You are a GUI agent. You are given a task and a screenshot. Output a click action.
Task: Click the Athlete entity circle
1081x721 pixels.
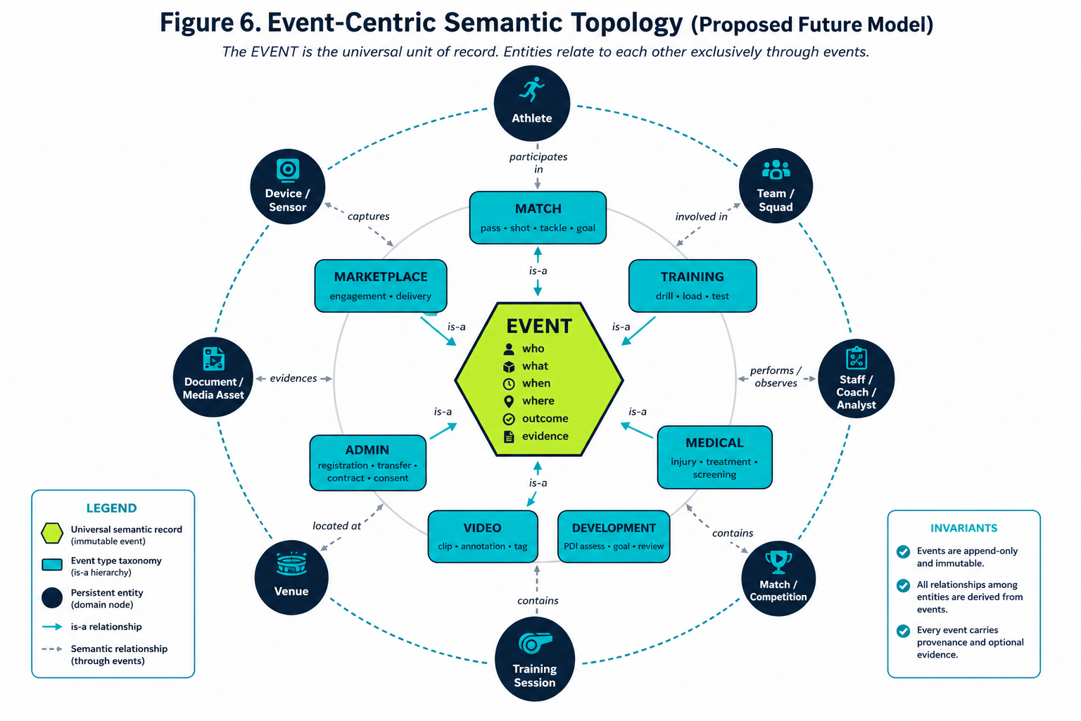(x=532, y=104)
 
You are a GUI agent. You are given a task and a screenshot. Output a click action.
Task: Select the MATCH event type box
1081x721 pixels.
(x=538, y=218)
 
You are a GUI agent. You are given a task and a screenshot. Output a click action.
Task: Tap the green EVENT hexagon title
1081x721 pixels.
(x=539, y=327)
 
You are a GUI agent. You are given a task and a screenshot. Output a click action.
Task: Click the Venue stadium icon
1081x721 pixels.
(x=291, y=564)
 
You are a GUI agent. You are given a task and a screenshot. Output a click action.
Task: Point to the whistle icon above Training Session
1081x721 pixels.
(x=535, y=643)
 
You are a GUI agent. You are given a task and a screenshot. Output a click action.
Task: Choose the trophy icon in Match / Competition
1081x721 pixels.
(x=778, y=562)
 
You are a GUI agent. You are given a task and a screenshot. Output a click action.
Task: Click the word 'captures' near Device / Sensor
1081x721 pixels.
(x=368, y=216)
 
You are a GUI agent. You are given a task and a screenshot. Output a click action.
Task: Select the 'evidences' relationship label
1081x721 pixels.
(x=293, y=378)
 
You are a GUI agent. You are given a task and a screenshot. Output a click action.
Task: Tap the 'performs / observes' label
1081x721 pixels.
(x=776, y=377)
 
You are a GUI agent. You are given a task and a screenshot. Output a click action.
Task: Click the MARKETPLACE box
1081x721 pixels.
(x=381, y=285)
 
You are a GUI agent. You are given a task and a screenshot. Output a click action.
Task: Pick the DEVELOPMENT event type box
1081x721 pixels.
(x=614, y=536)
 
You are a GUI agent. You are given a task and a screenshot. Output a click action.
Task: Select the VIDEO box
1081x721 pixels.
(x=483, y=536)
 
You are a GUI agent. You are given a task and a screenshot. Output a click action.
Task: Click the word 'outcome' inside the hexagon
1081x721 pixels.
(x=545, y=418)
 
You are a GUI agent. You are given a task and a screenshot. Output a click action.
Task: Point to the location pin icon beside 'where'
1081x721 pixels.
(x=509, y=401)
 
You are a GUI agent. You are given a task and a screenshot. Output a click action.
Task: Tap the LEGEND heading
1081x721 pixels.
(x=111, y=508)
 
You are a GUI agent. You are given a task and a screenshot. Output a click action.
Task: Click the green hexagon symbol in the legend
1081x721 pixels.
(x=52, y=533)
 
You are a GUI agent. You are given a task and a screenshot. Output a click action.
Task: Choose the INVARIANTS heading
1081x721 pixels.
(x=963, y=528)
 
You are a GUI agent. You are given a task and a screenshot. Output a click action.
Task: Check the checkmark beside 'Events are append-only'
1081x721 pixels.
(x=903, y=551)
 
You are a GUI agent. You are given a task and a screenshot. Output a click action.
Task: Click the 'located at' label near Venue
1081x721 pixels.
(x=336, y=525)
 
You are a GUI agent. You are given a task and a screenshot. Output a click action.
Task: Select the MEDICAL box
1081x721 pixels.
(x=714, y=457)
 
